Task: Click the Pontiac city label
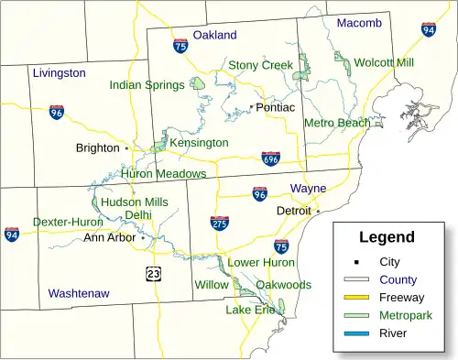tap(275, 107)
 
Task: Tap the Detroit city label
tap(294, 211)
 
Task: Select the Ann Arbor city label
tap(109, 237)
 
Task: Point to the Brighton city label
tap(98, 147)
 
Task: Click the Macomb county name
tap(359, 22)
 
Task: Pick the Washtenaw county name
tap(79, 293)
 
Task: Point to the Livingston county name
tap(59, 72)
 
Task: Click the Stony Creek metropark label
tap(260, 65)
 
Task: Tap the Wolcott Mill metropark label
tap(384, 62)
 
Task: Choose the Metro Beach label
tap(336, 123)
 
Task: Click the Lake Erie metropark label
tap(250, 310)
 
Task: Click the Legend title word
tap(386, 237)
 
